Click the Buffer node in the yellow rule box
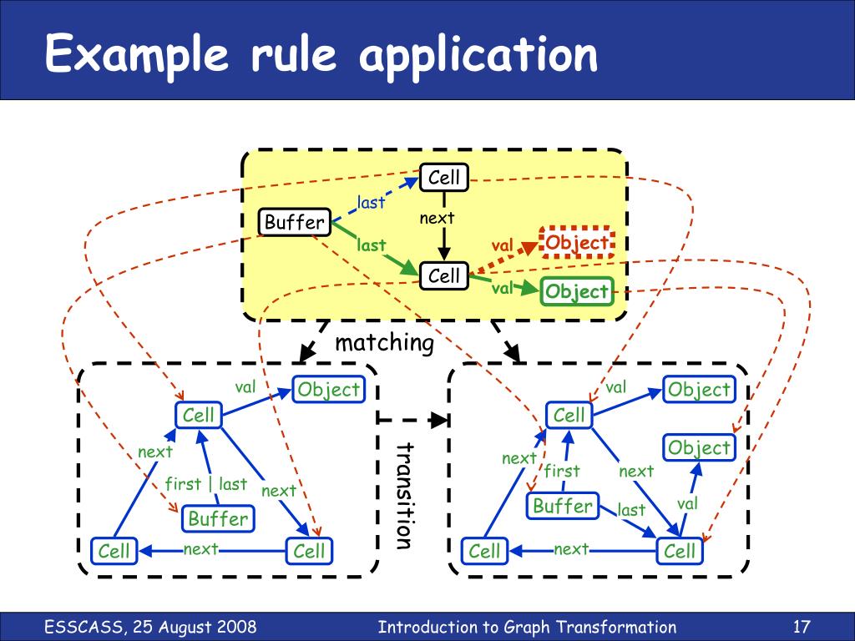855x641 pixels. coord(295,222)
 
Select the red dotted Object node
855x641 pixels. coord(577,243)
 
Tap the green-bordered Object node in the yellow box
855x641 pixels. coord(577,291)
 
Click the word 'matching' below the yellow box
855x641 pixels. coord(384,343)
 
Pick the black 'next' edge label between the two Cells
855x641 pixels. coord(437,218)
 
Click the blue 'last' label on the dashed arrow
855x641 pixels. coord(371,202)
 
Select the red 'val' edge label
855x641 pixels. coord(502,246)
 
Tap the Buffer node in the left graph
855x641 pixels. coord(218,519)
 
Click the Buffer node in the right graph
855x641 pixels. coord(563,506)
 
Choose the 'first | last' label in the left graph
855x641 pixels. coord(206,484)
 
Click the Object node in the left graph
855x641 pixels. coord(329,390)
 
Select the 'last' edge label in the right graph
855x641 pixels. coord(631,510)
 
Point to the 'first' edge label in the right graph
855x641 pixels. coord(562,471)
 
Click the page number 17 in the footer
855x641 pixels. coord(802,627)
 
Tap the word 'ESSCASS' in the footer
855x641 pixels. coord(84,627)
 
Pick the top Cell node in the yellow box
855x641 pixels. coord(444,178)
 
